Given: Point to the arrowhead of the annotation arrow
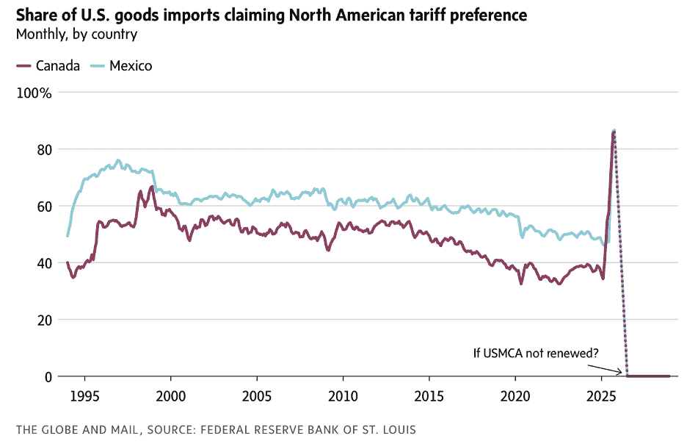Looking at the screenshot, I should pos(625,374).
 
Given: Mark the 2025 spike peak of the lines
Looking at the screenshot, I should pos(614,131).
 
